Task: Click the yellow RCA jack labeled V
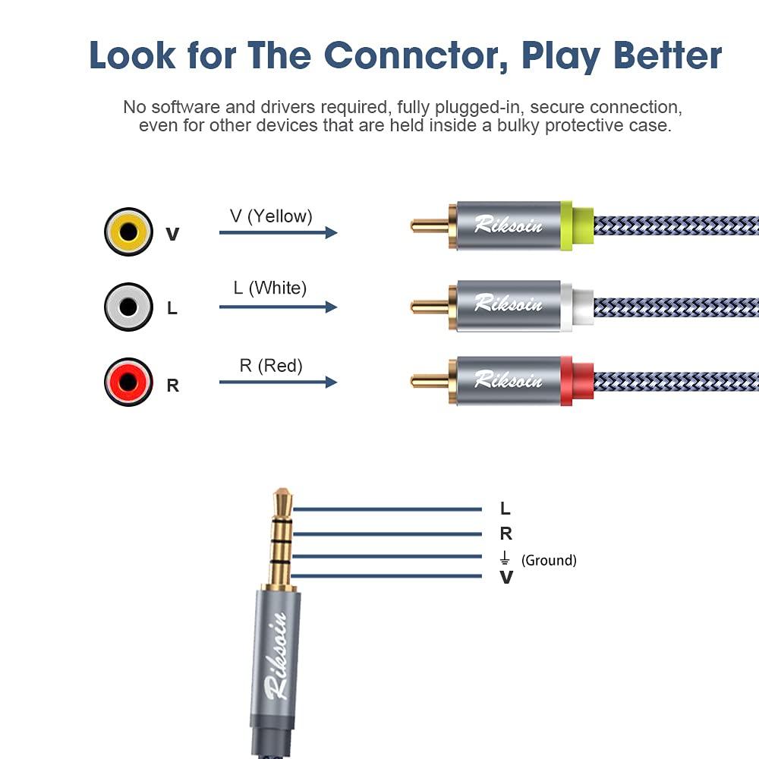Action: (x=128, y=231)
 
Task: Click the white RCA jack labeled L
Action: (x=128, y=307)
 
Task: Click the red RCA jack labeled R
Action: (x=128, y=382)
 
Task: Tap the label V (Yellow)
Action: (x=271, y=216)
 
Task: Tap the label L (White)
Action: (x=270, y=288)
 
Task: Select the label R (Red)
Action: (x=271, y=366)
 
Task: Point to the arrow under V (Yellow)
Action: (x=279, y=232)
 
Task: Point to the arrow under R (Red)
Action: (x=279, y=382)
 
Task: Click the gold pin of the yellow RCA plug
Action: (x=430, y=225)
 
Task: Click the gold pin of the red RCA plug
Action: (x=430, y=380)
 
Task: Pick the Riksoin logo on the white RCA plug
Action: (x=509, y=304)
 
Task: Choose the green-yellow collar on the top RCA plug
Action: (x=577, y=225)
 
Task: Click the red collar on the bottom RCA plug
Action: (x=577, y=381)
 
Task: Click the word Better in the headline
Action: (x=668, y=55)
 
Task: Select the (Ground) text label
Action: (x=549, y=560)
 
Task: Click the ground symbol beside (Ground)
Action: (x=505, y=558)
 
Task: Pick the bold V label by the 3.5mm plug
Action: (x=506, y=577)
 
